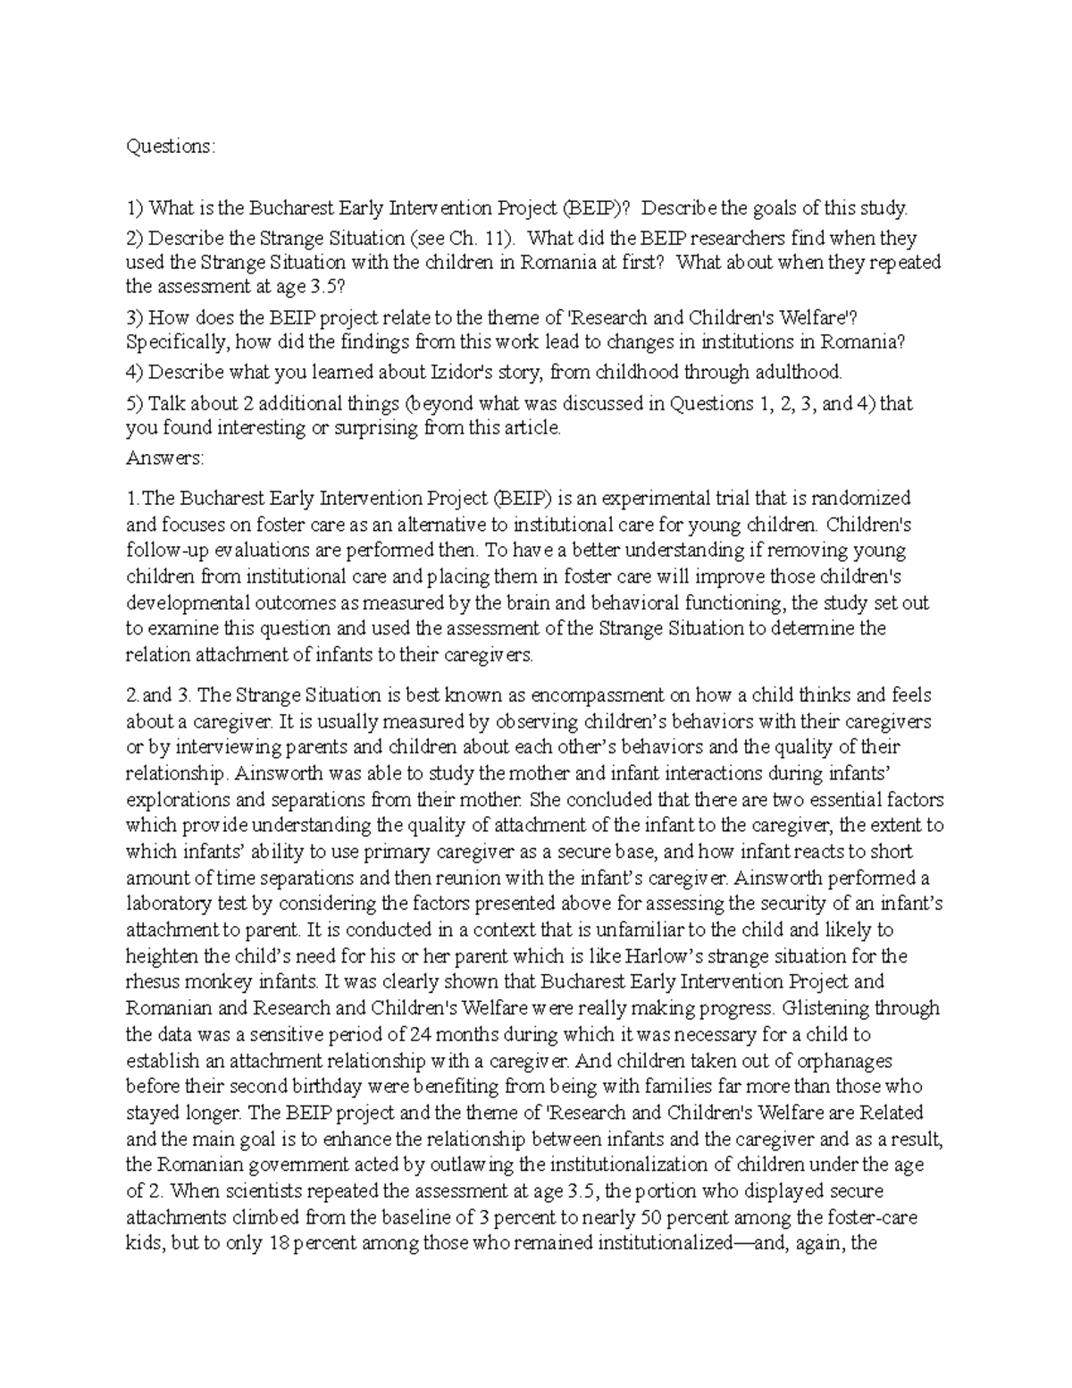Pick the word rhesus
coord(152,982)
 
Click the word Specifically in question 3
coord(174,341)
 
